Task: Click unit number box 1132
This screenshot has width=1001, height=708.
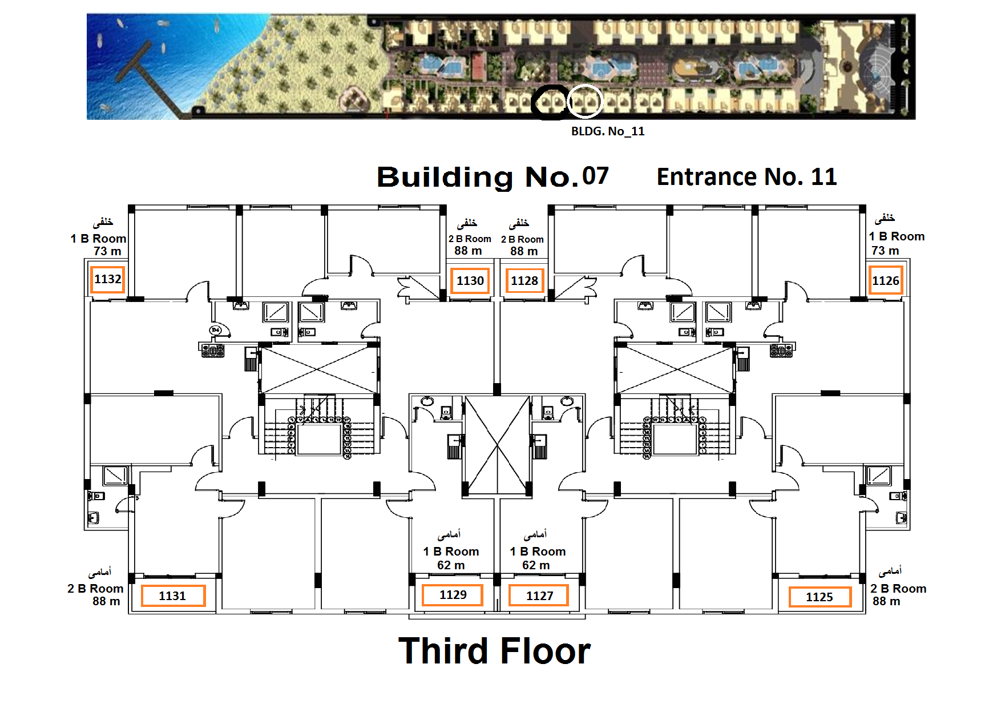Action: click(107, 279)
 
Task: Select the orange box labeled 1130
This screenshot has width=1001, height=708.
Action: click(470, 281)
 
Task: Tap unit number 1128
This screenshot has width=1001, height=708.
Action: click(524, 281)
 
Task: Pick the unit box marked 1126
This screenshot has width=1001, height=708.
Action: click(885, 280)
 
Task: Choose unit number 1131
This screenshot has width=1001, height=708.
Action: click(172, 596)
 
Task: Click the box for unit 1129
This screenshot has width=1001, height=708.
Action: click(453, 595)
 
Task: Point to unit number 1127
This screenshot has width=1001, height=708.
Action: click(539, 596)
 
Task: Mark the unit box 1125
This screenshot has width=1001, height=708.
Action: click(820, 597)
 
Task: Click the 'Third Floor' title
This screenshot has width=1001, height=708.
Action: click(494, 651)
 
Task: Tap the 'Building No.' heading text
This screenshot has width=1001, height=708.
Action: click(478, 177)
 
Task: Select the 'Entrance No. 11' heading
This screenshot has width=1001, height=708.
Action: click(746, 177)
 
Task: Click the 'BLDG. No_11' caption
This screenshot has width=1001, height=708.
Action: click(608, 131)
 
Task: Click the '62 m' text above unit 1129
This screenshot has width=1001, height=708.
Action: click(451, 565)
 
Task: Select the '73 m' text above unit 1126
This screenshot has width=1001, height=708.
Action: click(885, 251)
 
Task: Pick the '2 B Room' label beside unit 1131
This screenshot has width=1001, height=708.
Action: click(95, 589)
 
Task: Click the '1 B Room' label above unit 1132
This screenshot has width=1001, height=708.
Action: click(98, 239)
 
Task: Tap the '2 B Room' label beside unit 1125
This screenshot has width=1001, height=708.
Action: click(898, 589)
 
